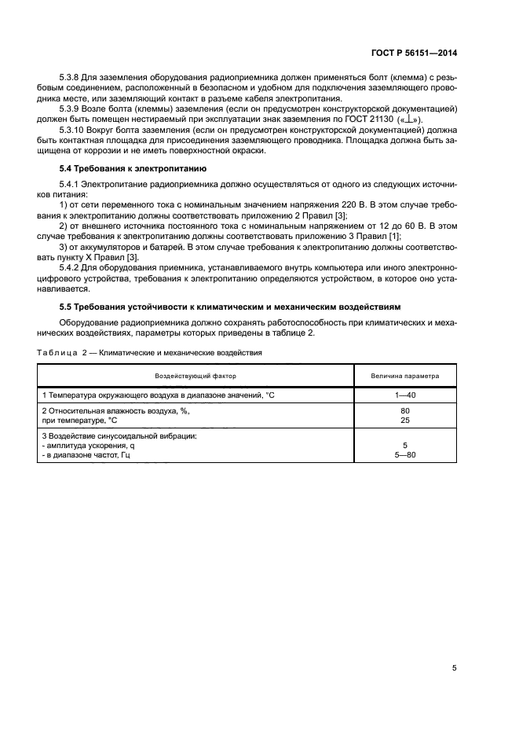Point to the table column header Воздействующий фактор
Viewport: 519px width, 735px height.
point(196,376)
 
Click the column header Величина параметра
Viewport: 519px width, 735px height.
point(405,376)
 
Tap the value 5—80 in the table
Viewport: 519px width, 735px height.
point(405,454)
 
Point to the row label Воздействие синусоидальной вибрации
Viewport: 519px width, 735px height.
point(119,435)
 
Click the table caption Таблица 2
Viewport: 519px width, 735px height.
point(62,353)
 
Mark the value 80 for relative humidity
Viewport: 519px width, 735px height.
point(405,410)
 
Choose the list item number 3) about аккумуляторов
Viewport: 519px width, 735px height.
point(64,248)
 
